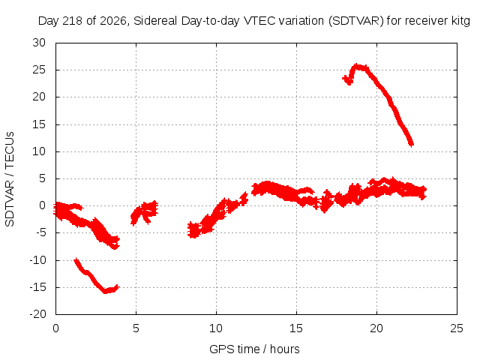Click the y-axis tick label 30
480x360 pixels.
(x=39, y=43)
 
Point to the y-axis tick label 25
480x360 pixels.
(x=39, y=70)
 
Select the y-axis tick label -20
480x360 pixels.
(x=37, y=314)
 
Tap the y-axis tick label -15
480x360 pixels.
(x=37, y=287)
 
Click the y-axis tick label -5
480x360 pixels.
(x=40, y=232)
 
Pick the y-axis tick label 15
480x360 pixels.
(x=39, y=124)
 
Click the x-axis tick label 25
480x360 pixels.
(x=457, y=328)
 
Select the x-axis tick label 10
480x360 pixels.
(x=216, y=328)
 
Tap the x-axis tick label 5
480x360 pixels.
(x=136, y=328)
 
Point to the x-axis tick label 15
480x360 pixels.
(x=296, y=328)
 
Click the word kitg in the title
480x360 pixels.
(x=460, y=21)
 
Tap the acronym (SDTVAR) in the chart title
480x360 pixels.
(x=356, y=21)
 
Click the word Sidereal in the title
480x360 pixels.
(x=155, y=21)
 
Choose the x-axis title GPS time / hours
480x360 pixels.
(x=254, y=349)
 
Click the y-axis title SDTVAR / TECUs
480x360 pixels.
(x=10, y=179)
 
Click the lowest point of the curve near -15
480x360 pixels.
(x=105, y=292)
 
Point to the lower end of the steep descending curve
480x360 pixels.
(x=412, y=145)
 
